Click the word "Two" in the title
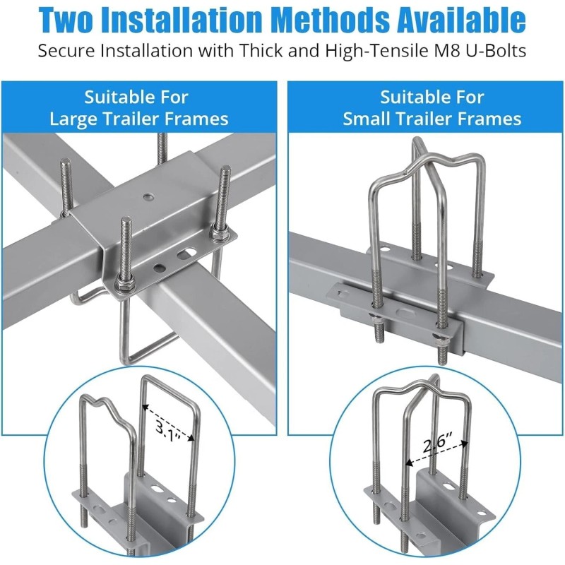[73, 20]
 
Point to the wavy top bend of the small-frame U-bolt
[421, 157]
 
